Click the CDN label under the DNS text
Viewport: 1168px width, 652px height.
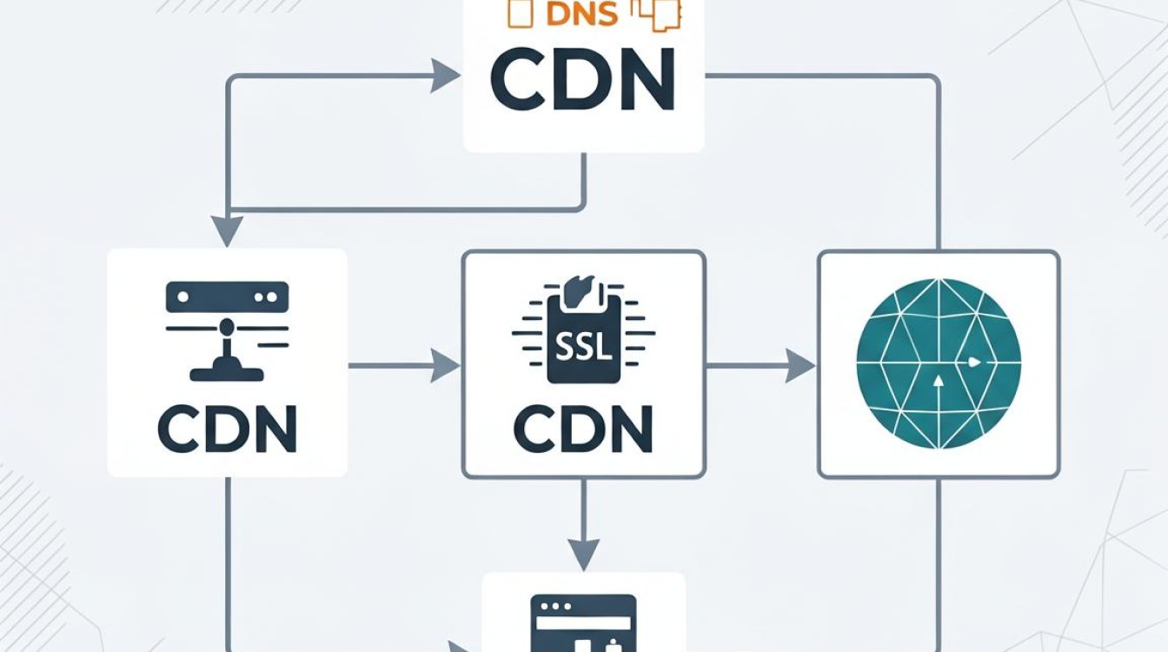click(583, 79)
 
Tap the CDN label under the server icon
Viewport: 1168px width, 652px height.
click(228, 429)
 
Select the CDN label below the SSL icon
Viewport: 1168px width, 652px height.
click(583, 429)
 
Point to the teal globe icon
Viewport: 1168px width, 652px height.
click(939, 364)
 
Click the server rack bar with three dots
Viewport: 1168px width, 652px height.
click(227, 296)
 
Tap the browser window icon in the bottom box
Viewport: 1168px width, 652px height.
click(583, 623)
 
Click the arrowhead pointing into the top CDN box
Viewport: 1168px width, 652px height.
click(445, 77)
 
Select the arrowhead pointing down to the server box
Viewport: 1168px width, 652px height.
click(227, 231)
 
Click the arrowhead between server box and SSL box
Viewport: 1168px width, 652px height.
click(445, 366)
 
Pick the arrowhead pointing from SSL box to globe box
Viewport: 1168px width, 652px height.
click(800, 366)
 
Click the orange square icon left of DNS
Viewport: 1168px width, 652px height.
click(520, 14)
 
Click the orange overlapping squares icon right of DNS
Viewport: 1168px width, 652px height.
click(656, 15)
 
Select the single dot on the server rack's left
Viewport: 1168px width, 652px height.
click(183, 296)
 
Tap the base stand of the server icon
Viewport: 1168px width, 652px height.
click(227, 374)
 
